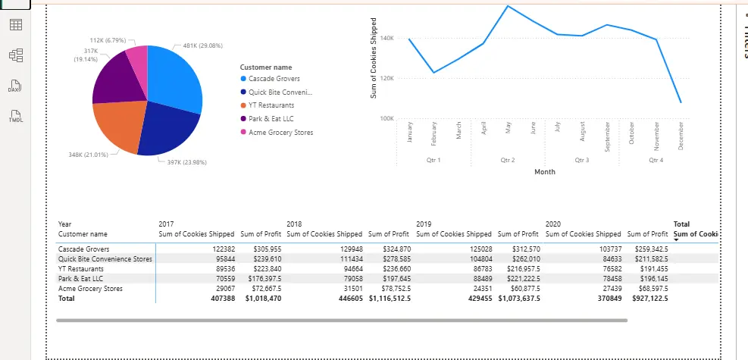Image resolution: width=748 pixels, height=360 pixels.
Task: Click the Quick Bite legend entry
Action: (280, 92)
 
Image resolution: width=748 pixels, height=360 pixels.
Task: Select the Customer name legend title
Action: (265, 67)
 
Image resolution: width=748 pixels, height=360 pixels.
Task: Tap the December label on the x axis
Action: (681, 136)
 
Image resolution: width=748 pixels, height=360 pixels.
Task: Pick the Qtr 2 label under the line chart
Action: (508, 161)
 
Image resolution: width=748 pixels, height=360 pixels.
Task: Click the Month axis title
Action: (544, 172)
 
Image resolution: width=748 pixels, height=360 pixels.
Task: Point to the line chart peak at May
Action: (508, 6)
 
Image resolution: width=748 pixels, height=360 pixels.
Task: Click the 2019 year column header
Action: (424, 224)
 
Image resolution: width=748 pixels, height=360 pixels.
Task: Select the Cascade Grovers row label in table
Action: (83, 249)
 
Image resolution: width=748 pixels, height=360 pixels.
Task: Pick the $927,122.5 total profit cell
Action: (650, 299)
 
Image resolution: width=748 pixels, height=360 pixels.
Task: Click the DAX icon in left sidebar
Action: (14, 86)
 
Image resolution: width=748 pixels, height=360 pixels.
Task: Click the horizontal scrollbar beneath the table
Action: (341, 321)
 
